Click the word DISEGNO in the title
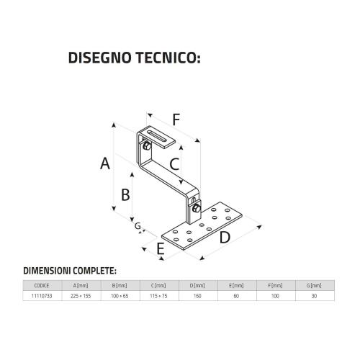pyautogui.click(x=100, y=58)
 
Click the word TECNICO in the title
pyautogui.click(x=168, y=58)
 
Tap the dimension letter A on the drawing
pyautogui.click(x=105, y=163)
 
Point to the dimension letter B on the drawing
pyautogui.click(x=125, y=194)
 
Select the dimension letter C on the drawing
pyautogui.click(x=174, y=164)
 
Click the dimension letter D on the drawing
pyautogui.click(x=225, y=238)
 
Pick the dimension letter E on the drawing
pyautogui.click(x=161, y=248)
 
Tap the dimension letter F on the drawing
pyautogui.click(x=176, y=120)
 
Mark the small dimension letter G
pyautogui.click(x=138, y=226)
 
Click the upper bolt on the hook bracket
pyautogui.click(x=147, y=145)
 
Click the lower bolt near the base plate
pyautogui.click(x=197, y=208)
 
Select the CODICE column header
pyautogui.click(x=42, y=286)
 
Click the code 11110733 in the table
pyautogui.click(x=42, y=296)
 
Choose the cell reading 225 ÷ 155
pyautogui.click(x=81, y=296)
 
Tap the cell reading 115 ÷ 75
pyautogui.click(x=158, y=296)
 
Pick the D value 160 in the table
pyautogui.click(x=197, y=296)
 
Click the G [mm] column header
pyautogui.click(x=314, y=286)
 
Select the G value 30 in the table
pyautogui.click(x=314, y=296)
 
